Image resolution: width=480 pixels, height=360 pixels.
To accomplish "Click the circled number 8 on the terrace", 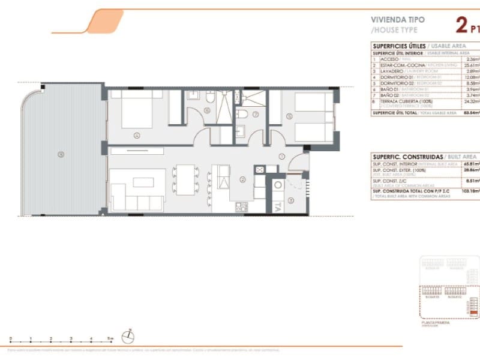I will tap(61, 154).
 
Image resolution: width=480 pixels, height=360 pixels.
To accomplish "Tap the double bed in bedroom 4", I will tap(137, 109).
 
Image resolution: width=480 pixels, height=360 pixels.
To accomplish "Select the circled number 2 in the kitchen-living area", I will tap(242, 179).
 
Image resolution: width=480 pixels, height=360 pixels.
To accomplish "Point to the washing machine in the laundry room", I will tap(278, 185).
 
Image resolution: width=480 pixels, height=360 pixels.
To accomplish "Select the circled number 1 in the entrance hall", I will tap(281, 157).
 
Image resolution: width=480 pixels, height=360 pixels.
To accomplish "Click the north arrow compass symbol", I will tap(127, 338).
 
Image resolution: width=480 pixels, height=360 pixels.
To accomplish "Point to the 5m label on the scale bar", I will tap(110, 339).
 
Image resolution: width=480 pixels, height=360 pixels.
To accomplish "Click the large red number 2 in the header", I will tap(461, 25).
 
